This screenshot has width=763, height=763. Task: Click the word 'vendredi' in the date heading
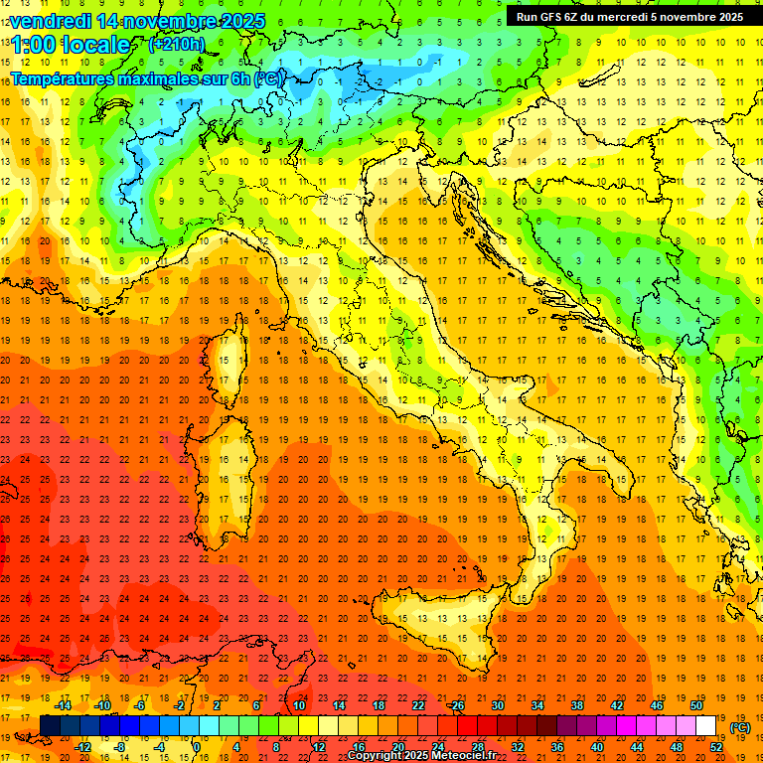click(x=52, y=21)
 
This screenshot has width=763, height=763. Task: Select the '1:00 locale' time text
click(x=71, y=45)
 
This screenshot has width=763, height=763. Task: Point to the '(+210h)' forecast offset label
click(x=177, y=44)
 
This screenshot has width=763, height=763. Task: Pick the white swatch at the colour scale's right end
click(x=705, y=726)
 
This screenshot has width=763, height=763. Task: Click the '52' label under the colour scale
click(x=716, y=746)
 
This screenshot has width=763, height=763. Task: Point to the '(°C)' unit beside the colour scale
click(x=740, y=727)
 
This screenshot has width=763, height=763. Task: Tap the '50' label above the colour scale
click(x=696, y=705)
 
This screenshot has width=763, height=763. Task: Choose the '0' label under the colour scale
click(x=197, y=746)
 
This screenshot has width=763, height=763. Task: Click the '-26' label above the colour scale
click(x=456, y=705)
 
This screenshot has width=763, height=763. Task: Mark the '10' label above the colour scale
click(x=299, y=705)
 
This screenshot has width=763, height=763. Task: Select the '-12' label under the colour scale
click(x=83, y=746)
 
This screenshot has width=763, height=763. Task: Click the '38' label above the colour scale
click(x=576, y=705)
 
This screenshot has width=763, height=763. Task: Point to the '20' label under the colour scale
click(x=397, y=746)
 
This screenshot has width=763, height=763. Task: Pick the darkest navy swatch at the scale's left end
click(x=50, y=726)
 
